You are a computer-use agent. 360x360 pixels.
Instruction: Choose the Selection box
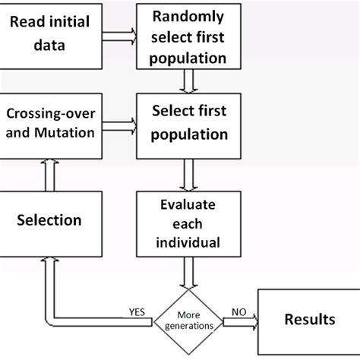50,220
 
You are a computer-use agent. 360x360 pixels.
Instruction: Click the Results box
308,320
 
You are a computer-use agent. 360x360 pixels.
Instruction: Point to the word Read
28,25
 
